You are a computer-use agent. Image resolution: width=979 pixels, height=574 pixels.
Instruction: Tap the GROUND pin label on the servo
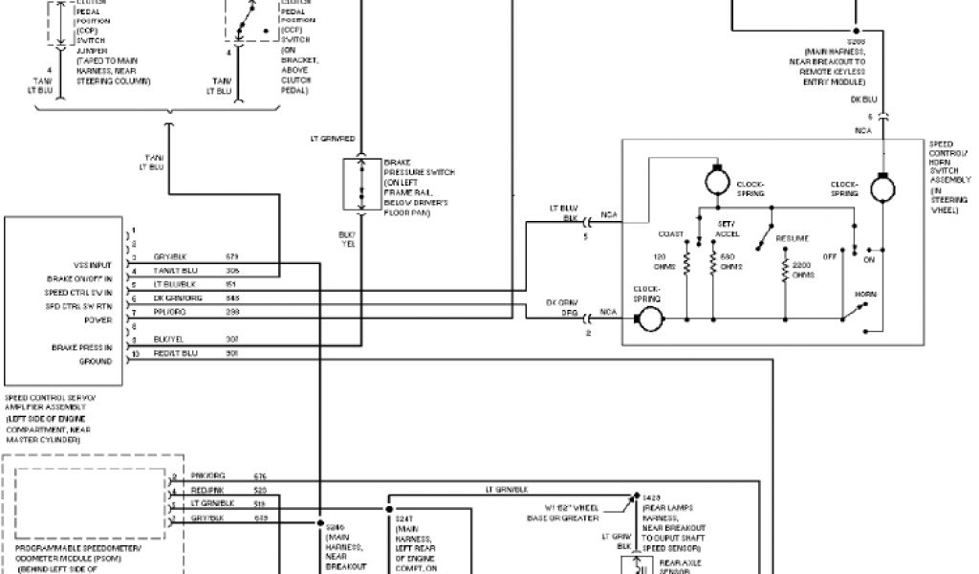coord(96,362)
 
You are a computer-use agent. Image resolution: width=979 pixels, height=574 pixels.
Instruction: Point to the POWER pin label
coord(99,320)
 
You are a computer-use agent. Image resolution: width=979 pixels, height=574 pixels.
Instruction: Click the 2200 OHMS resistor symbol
coord(784,272)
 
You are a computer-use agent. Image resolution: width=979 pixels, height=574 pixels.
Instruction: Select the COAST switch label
coord(671,233)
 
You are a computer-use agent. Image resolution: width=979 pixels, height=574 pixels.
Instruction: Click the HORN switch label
coord(864,295)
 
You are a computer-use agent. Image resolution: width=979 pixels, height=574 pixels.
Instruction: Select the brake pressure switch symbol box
coord(360,185)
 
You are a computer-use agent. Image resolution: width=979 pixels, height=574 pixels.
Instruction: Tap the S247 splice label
coord(403,518)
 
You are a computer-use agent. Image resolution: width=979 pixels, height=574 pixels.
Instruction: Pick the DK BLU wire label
coord(863,98)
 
